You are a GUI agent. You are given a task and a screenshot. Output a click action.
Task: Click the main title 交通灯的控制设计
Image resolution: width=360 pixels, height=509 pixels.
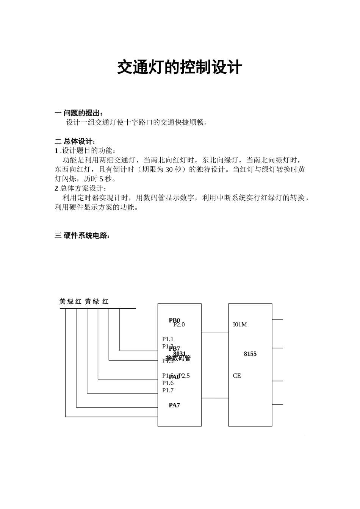[180, 67]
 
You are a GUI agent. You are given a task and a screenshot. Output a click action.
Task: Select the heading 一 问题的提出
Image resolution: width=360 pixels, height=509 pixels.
[79, 113]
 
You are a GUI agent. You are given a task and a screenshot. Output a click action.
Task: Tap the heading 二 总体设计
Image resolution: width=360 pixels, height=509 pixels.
[75, 141]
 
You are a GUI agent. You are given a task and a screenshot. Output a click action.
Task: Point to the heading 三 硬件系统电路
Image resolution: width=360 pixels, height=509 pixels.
[83, 236]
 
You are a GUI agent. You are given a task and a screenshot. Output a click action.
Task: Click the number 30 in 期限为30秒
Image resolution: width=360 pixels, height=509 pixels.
[169, 169]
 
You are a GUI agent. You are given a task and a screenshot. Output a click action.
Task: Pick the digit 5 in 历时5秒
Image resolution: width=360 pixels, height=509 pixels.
[101, 179]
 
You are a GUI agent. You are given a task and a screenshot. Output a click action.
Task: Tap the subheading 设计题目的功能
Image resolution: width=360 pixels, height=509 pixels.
[87, 151]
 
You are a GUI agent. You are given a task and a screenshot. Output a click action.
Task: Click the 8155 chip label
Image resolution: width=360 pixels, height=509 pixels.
[250, 354]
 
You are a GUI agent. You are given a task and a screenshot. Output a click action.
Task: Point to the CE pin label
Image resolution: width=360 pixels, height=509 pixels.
[237, 376]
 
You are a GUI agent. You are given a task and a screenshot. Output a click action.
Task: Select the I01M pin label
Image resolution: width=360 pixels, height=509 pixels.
[240, 325]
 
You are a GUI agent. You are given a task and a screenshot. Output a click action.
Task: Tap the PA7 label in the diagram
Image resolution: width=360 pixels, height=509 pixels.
[174, 405]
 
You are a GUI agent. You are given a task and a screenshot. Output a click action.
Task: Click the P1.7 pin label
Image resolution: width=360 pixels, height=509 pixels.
[168, 390]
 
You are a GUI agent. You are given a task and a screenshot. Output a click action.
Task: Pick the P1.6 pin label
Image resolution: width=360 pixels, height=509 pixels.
[168, 383]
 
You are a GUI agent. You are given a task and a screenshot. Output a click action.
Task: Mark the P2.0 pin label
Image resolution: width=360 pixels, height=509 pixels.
[179, 325]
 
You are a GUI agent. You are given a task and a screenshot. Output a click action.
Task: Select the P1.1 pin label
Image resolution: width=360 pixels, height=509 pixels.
[168, 339]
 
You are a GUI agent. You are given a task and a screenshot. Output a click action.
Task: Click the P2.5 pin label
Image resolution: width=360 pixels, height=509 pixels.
[184, 376]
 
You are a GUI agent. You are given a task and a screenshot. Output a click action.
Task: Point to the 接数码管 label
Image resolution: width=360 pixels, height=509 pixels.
[178, 358]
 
